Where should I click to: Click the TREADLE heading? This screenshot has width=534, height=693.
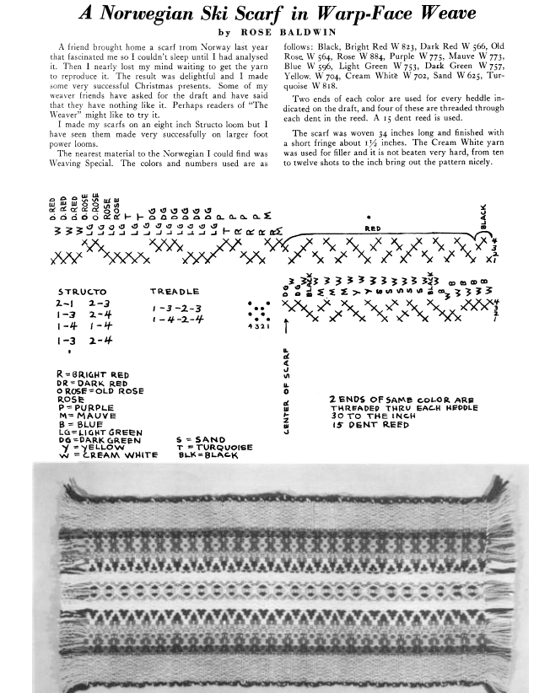(174, 290)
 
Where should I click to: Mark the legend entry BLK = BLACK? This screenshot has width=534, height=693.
(207, 455)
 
